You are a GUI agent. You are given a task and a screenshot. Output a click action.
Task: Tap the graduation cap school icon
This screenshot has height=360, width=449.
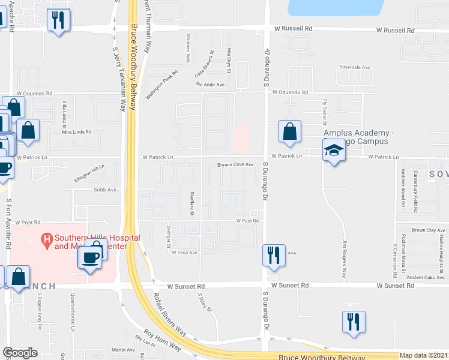click(x=334, y=151)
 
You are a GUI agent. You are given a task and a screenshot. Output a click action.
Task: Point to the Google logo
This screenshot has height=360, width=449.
click(x=20, y=353)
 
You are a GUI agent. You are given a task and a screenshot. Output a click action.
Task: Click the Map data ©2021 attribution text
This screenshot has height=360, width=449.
click(x=424, y=355)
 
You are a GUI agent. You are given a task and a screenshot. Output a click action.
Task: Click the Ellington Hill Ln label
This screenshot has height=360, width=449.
click(x=89, y=173)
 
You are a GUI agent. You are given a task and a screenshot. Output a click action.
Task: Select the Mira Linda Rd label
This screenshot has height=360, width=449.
click(x=77, y=131)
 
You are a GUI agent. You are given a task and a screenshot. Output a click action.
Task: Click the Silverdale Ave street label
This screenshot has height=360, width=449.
click(x=354, y=67)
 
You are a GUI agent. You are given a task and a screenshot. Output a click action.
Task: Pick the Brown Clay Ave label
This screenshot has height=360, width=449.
click(x=428, y=230)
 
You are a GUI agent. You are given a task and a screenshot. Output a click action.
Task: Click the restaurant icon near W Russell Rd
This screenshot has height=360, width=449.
click(x=58, y=21)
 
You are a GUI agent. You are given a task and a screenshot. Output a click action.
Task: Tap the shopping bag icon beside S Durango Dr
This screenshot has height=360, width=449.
click(x=289, y=133)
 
